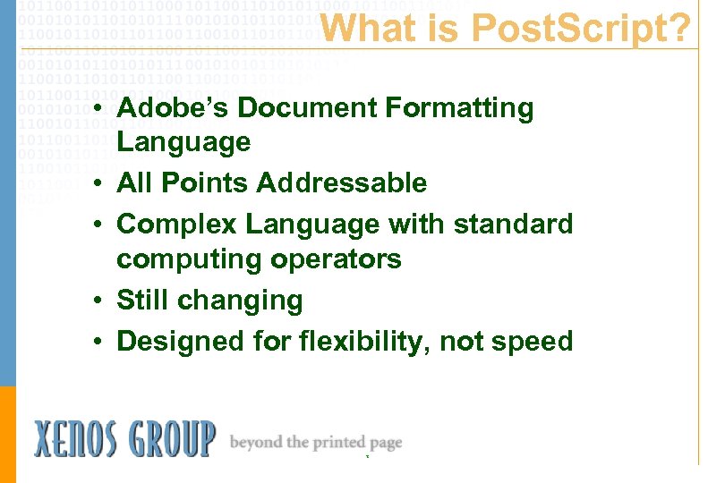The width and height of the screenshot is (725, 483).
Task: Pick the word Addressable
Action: tap(342, 183)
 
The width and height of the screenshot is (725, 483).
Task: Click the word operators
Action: tap(345, 260)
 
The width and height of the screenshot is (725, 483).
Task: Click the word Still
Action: tap(144, 301)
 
